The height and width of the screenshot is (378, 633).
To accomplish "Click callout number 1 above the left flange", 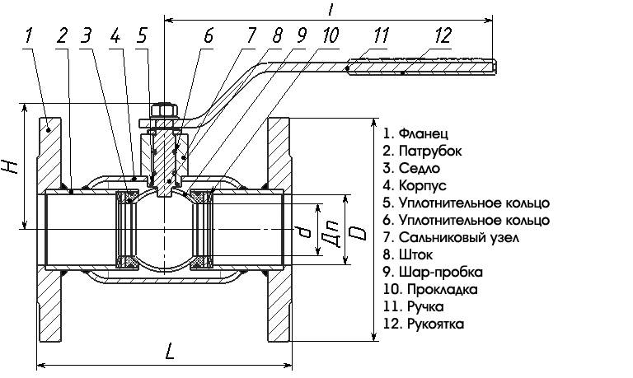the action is click(x=29, y=35).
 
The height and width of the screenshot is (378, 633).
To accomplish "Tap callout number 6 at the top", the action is click(x=208, y=35).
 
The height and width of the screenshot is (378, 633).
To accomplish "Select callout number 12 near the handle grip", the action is click(x=443, y=35).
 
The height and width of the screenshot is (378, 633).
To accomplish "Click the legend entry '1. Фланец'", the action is click(x=415, y=133).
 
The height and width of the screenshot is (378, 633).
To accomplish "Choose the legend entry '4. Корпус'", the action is click(x=415, y=185).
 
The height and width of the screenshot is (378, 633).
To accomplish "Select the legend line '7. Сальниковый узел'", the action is click(x=451, y=237).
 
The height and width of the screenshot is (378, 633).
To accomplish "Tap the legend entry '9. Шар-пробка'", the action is click(x=433, y=272).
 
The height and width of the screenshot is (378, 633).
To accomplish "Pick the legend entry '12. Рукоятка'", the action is click(x=424, y=324).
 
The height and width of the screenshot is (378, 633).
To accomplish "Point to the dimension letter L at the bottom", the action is click(x=169, y=351).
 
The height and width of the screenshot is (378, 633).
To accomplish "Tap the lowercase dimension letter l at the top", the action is click(x=331, y=9).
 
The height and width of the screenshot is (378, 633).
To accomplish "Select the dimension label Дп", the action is click(x=331, y=235).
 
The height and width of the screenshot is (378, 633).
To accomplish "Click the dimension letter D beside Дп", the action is click(x=358, y=233).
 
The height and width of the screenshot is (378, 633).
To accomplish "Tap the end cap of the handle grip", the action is click(x=495, y=67).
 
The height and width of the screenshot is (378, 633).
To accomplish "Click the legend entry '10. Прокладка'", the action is click(x=430, y=289).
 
